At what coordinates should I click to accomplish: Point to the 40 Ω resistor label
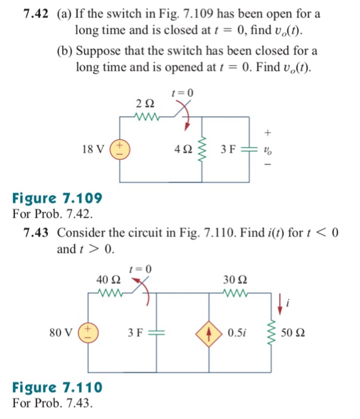pos(108,280)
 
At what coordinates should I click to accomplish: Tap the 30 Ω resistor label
pos(234,280)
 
